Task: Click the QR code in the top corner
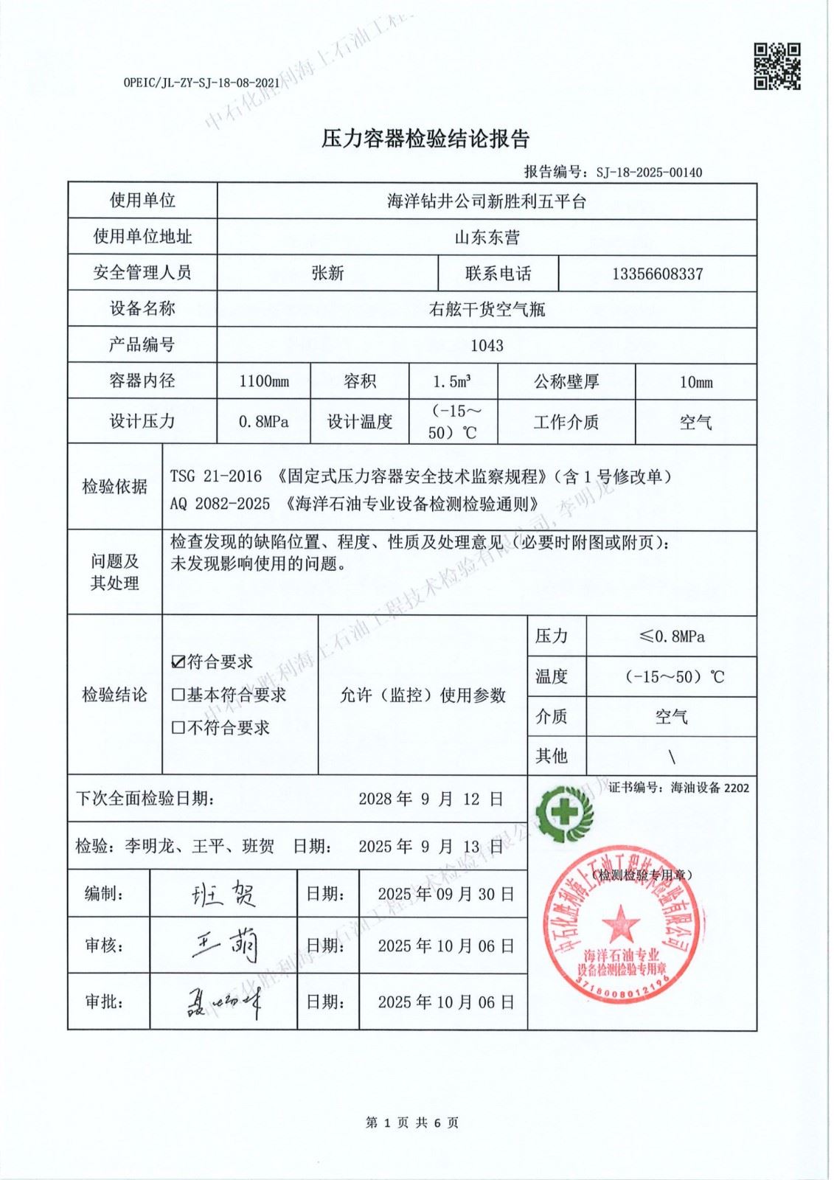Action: tap(776, 66)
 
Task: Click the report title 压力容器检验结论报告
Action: tap(425, 139)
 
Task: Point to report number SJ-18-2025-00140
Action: tap(649, 173)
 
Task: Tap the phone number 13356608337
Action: tap(657, 274)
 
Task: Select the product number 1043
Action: tap(487, 345)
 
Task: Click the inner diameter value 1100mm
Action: tap(264, 381)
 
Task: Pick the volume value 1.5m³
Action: tap(452, 381)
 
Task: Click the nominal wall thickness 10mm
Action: tap(695, 382)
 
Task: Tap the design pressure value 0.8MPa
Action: tap(263, 422)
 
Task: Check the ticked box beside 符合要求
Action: tap(178, 662)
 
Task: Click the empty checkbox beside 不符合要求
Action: tap(178, 728)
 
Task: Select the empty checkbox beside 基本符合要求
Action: tap(178, 695)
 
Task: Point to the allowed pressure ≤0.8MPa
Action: tap(671, 636)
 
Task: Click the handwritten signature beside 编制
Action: tap(223, 894)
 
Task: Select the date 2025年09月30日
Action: tap(445, 895)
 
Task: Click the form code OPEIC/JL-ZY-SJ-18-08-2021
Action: tap(201, 83)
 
